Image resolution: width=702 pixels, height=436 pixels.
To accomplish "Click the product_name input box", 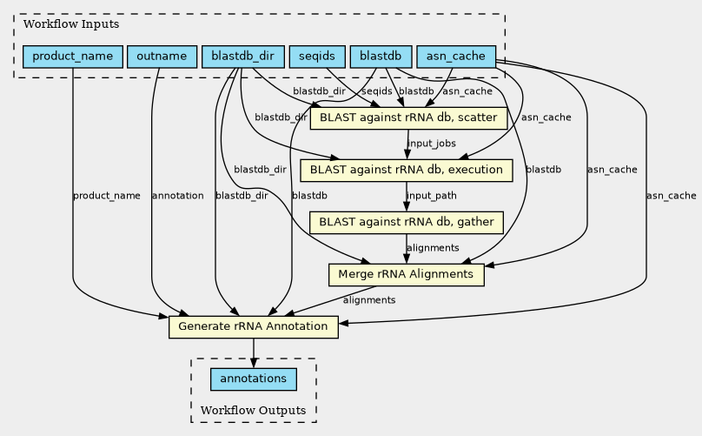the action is click(x=73, y=57).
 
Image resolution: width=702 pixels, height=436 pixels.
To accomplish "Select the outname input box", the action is click(x=162, y=57).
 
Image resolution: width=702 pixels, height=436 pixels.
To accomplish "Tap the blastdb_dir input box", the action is click(x=243, y=57).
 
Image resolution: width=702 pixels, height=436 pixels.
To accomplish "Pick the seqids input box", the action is click(x=317, y=57).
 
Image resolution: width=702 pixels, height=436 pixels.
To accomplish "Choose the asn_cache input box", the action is click(x=456, y=57).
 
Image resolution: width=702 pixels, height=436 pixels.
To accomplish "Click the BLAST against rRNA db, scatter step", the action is click(x=408, y=118).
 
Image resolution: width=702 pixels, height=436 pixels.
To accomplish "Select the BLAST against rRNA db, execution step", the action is click(x=406, y=170).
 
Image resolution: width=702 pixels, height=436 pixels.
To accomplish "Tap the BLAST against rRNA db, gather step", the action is click(x=407, y=223).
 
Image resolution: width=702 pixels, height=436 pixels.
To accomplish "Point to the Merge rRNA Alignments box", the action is click(x=406, y=274).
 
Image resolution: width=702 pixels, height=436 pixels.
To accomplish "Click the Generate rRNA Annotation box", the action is click(x=254, y=326).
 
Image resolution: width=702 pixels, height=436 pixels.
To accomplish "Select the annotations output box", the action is click(x=254, y=379).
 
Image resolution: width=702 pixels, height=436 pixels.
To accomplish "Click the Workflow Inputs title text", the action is click(x=71, y=24).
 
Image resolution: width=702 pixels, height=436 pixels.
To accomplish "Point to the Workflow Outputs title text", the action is click(x=253, y=411).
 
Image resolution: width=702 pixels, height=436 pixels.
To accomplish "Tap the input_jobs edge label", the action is click(x=432, y=144).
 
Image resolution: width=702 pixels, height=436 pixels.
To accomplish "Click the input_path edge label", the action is click(x=432, y=196).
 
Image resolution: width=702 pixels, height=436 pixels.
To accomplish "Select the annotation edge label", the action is click(x=178, y=196).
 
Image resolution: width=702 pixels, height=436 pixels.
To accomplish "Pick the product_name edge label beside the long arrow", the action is click(x=107, y=196).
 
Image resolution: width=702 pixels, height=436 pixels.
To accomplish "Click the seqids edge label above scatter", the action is click(x=377, y=91).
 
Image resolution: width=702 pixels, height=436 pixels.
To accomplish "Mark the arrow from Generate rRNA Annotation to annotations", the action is click(x=254, y=353).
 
